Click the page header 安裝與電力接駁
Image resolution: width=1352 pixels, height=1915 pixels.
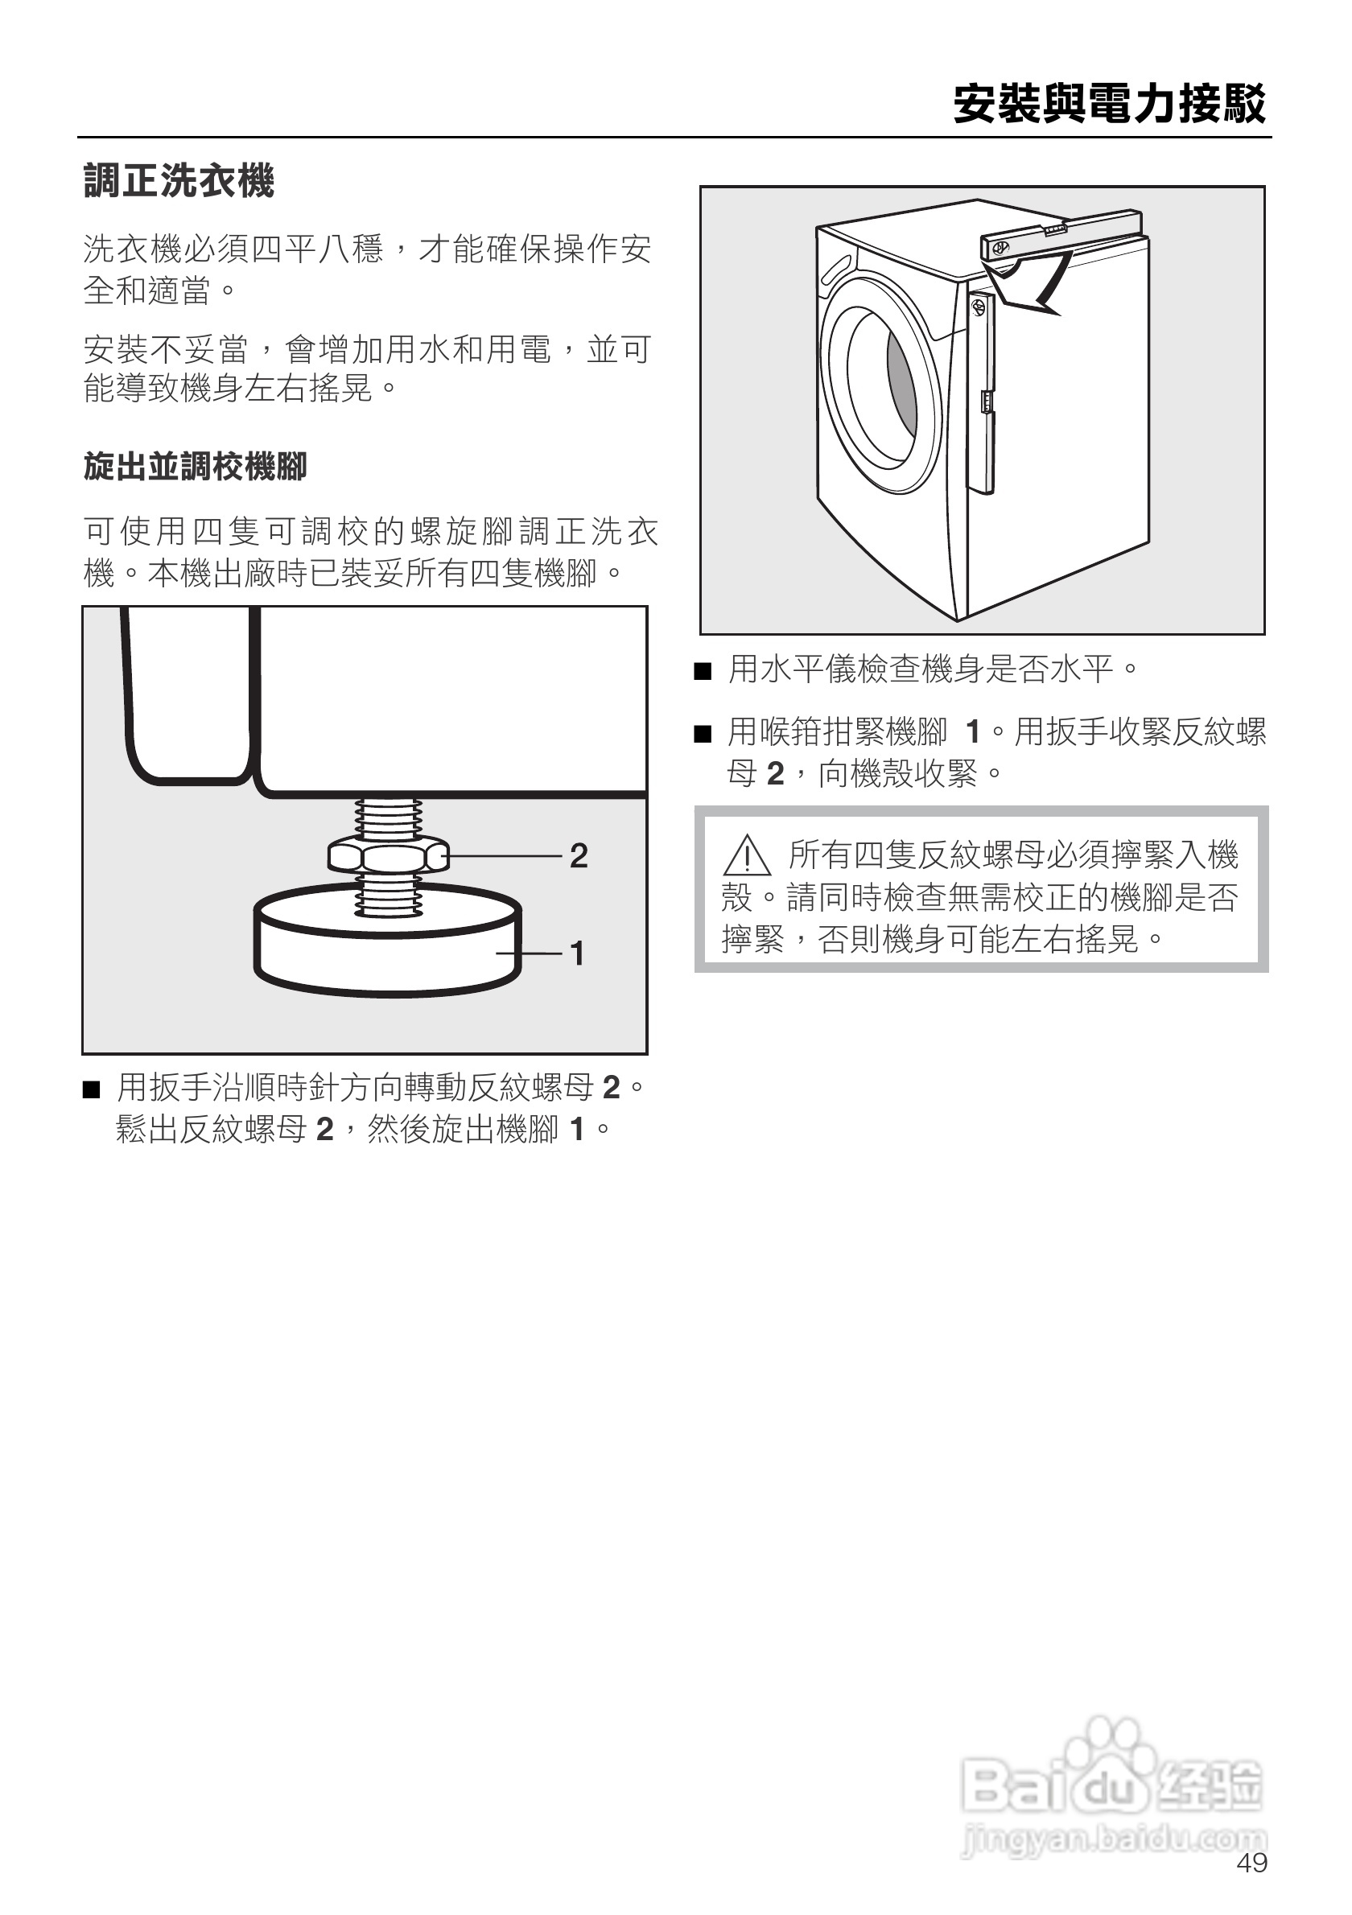pyautogui.click(x=1109, y=105)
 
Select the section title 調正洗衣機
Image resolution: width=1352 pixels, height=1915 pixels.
pyautogui.click(x=179, y=180)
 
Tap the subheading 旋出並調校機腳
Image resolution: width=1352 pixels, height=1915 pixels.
pyautogui.click(x=196, y=466)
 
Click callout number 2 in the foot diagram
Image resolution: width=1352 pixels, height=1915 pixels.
pyautogui.click(x=579, y=856)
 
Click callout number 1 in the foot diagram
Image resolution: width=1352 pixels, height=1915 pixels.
pyautogui.click(x=577, y=953)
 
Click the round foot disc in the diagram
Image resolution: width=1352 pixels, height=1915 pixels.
pyautogui.click(x=388, y=942)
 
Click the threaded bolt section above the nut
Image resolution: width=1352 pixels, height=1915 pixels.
pyautogui.click(x=389, y=819)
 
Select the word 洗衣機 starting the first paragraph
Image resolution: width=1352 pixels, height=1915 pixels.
pyautogui.click(x=133, y=249)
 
